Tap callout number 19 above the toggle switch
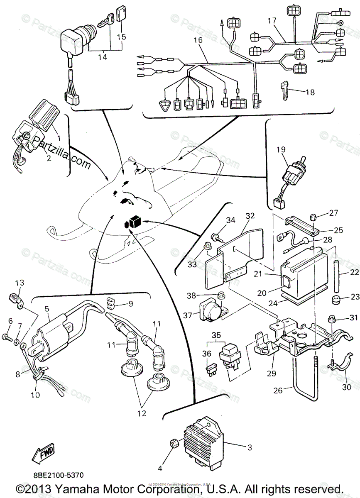click(280, 150)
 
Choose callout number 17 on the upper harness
click(271, 20)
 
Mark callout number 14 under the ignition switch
click(102, 57)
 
